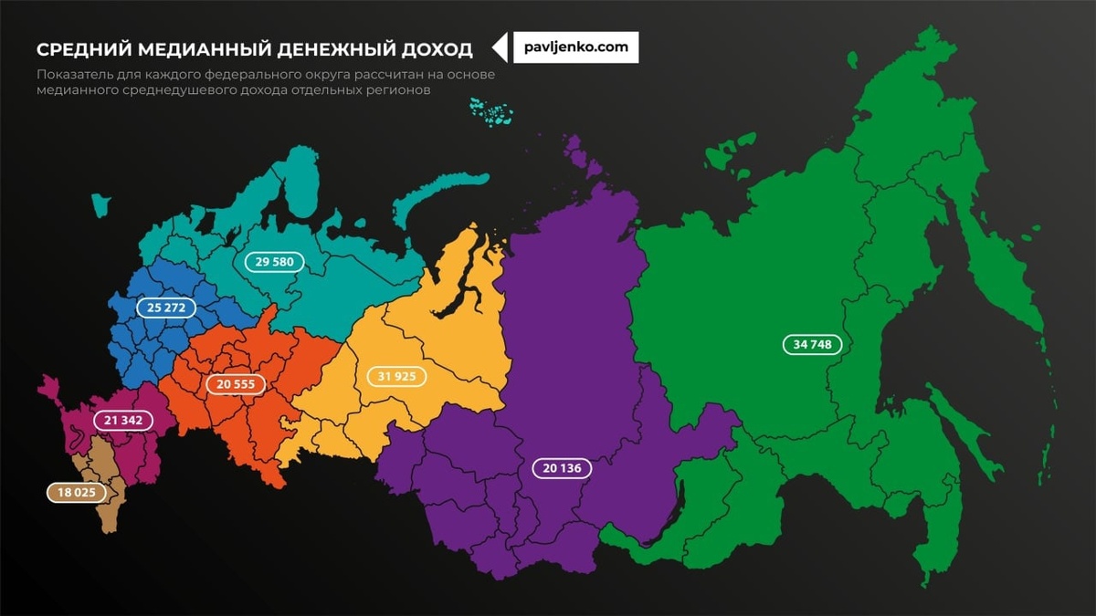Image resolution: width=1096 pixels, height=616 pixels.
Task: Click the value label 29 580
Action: click(x=274, y=262)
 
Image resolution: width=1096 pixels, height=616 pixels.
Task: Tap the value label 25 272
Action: click(x=166, y=308)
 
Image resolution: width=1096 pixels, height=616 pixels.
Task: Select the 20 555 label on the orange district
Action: click(x=236, y=384)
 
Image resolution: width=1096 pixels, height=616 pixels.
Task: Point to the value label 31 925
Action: click(x=396, y=376)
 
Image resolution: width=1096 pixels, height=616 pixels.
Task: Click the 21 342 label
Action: click(x=122, y=420)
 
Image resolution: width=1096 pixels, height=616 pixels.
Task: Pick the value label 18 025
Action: click(x=76, y=492)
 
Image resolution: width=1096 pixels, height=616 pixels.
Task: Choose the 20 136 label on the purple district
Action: click(x=562, y=468)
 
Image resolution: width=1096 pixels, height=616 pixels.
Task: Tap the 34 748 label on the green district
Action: click(x=812, y=344)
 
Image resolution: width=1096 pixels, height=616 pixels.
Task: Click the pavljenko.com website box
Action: click(x=575, y=47)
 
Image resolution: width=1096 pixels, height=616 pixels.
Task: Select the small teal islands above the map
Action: click(x=491, y=110)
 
